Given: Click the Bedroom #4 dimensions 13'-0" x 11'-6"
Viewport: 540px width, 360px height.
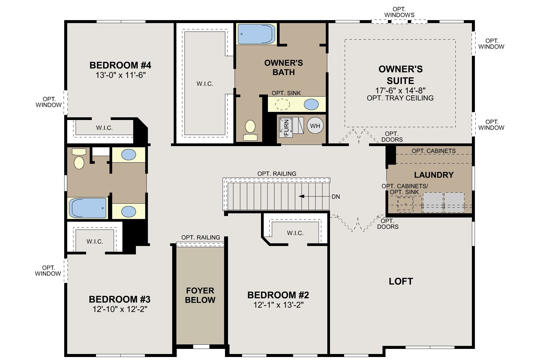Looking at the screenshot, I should (121, 75).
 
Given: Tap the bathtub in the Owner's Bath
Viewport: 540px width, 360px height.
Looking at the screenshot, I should (256, 34).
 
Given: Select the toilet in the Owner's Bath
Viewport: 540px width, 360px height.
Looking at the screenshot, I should (250, 130).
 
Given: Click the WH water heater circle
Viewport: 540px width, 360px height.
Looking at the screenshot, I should (315, 126).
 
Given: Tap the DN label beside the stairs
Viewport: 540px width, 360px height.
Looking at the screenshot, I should (336, 197).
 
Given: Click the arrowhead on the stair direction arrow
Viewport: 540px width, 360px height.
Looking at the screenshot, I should (301, 196).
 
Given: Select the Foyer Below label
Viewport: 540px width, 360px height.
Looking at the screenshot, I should (200, 295).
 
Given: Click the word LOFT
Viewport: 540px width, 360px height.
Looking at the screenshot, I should (401, 281).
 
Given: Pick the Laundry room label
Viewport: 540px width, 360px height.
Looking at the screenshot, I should (434, 175).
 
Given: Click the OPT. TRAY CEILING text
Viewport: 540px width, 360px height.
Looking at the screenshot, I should (400, 98).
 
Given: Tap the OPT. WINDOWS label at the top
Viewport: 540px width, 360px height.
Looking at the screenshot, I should (399, 12).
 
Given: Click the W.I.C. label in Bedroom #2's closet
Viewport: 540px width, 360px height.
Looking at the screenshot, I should (295, 233).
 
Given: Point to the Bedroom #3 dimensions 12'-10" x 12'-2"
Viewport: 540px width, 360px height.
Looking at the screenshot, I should (120, 309).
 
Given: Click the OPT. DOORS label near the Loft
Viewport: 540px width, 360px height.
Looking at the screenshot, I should (388, 224).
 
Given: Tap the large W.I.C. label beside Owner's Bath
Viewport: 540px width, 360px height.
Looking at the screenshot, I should (205, 84).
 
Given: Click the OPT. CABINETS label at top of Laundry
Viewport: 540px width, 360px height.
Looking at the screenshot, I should (433, 151).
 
